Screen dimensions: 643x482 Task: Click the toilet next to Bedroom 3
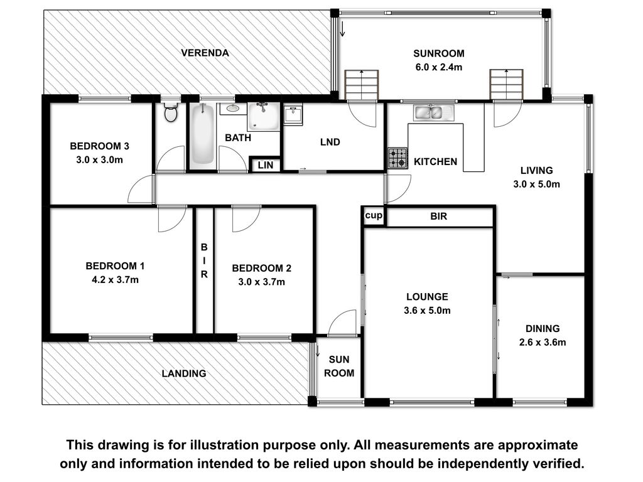click(171, 112)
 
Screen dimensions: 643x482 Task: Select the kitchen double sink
click(434, 113)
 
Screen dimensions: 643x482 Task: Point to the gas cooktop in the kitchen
click(397, 158)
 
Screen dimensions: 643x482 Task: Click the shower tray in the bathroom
click(263, 117)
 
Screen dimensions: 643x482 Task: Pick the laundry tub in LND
click(293, 114)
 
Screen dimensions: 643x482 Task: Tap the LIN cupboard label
click(266, 165)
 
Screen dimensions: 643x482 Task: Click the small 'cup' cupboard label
click(374, 216)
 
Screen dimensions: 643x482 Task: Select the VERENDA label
click(205, 53)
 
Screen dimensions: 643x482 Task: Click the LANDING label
click(184, 373)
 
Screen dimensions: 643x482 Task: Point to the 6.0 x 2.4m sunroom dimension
click(439, 67)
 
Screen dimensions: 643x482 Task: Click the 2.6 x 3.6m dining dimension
click(543, 342)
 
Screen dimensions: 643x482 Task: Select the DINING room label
click(543, 329)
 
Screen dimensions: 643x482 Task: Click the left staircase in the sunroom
click(361, 85)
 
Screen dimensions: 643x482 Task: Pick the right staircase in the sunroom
click(507, 85)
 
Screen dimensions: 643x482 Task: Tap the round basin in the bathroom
click(233, 109)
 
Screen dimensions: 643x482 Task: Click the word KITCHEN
click(436, 162)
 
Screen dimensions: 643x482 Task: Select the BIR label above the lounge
click(439, 217)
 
